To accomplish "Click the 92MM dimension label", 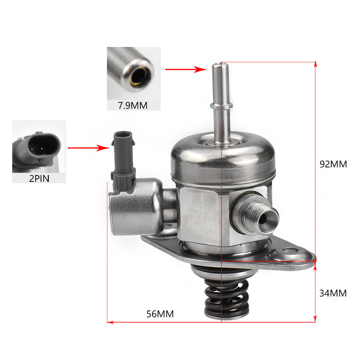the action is pyautogui.click(x=333, y=164).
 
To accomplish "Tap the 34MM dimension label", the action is pyautogui.click(x=333, y=293).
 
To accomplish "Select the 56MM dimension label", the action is pyautogui.click(x=160, y=314).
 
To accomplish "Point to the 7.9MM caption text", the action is pyautogui.click(x=133, y=106).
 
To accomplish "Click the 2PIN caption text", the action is pyautogui.click(x=39, y=179).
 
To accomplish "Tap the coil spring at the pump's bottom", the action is pyautogui.click(x=227, y=298).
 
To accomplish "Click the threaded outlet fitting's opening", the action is pyautogui.click(x=267, y=219).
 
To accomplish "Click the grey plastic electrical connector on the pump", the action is pyautogui.click(x=123, y=161).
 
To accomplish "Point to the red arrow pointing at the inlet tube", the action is pyautogui.click(x=186, y=69).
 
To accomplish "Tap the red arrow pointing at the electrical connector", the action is pyautogui.click(x=88, y=148).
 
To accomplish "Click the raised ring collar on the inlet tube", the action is pyautogui.click(x=221, y=106).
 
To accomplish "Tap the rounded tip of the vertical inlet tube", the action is pyautogui.click(x=220, y=65).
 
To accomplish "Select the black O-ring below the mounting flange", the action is pyautogui.click(x=221, y=269).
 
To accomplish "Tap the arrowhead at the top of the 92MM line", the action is pyautogui.click(x=315, y=64).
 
